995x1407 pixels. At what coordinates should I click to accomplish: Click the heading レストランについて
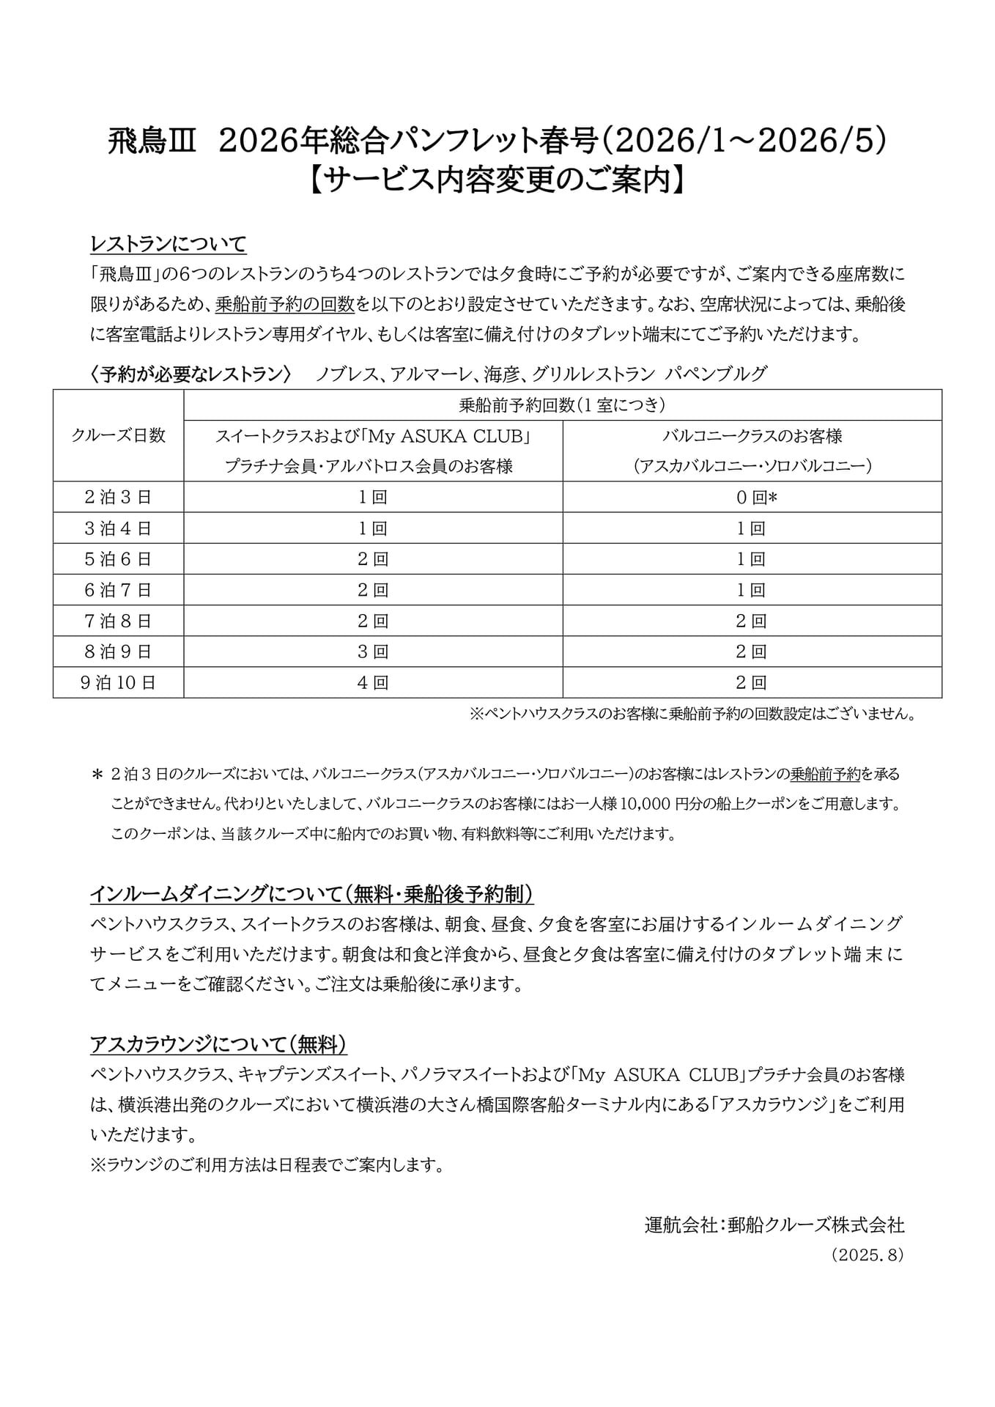point(168,243)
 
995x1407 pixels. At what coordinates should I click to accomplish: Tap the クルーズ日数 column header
point(118,435)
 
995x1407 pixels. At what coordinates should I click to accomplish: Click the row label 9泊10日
point(118,683)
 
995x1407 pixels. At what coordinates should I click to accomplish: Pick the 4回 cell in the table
point(372,683)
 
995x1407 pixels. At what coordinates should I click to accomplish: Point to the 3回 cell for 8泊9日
point(372,652)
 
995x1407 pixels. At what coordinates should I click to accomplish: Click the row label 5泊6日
point(118,559)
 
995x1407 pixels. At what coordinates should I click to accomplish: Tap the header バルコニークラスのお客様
point(752,436)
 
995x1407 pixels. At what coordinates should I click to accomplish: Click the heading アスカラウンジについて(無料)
point(218,1044)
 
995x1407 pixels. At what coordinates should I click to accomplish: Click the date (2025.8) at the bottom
point(868,1255)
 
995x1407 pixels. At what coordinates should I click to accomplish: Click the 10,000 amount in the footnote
point(645,804)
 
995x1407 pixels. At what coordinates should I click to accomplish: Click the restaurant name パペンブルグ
point(716,374)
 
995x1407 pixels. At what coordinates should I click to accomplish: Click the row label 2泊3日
point(118,498)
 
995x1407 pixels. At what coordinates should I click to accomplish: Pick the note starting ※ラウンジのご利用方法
point(267,1165)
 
